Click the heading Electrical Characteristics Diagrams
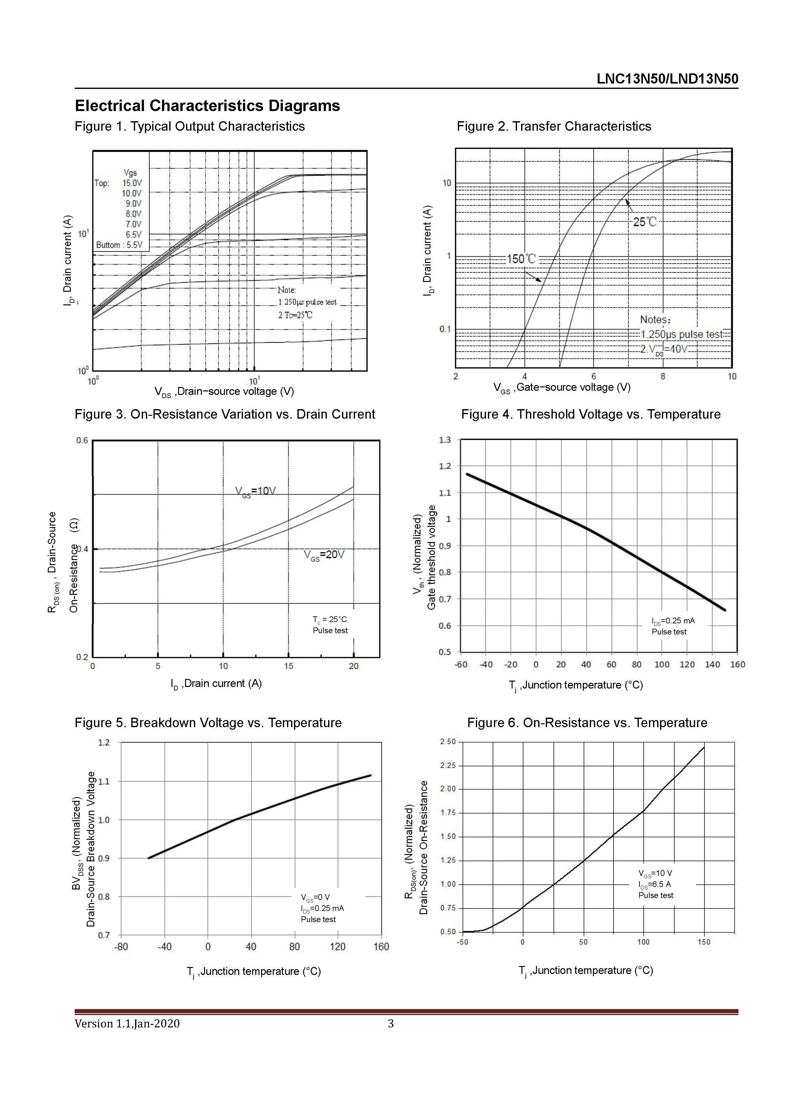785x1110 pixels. (207, 105)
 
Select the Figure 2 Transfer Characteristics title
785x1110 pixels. (554, 126)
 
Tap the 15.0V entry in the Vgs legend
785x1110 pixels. (132, 183)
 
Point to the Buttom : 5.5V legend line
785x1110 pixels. (119, 245)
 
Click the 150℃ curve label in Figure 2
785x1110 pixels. (521, 259)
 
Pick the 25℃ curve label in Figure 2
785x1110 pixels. (645, 222)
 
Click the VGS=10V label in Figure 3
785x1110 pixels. (255, 491)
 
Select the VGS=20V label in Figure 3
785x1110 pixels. (324, 555)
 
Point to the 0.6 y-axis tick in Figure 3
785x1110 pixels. (82, 440)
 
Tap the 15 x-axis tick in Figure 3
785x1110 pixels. (289, 666)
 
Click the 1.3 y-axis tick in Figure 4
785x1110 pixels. (445, 440)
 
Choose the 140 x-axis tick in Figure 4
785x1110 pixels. (713, 665)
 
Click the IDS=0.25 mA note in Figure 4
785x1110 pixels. (673, 621)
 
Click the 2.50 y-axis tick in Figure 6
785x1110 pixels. (448, 742)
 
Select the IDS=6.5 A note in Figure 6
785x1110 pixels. (655, 884)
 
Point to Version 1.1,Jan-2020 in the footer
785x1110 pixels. (127, 1024)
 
